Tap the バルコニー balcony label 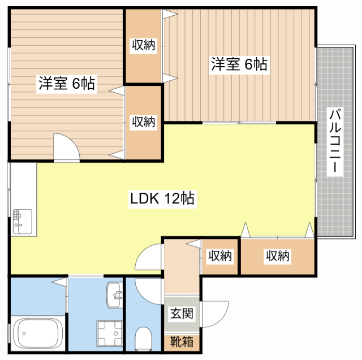point(334,141)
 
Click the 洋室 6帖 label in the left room point(66,84)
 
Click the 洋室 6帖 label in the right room point(239,64)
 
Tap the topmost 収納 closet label point(144,46)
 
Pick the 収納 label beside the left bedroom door point(144,121)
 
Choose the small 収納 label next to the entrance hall point(220,256)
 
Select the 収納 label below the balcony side point(278,256)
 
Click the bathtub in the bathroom point(37,333)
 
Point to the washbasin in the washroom point(115,294)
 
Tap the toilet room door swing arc point(148,291)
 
